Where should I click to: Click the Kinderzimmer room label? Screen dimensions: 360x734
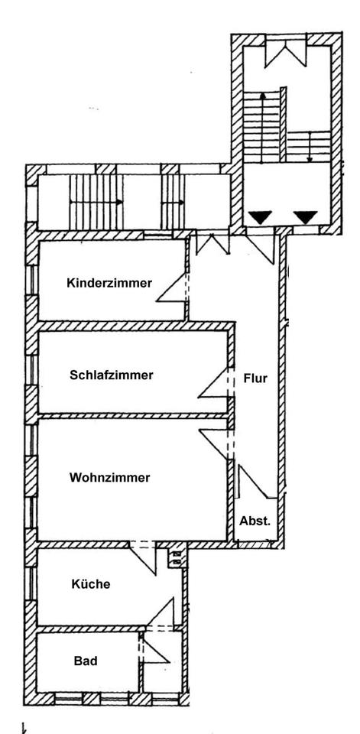point(109,283)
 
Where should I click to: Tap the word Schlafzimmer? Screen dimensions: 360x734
point(112,375)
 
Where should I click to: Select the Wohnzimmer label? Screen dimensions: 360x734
point(109,477)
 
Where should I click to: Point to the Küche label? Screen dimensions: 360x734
point(91,583)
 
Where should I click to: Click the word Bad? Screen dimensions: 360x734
point(86,661)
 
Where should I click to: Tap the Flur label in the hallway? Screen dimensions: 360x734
point(255,378)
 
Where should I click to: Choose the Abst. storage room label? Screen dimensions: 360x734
point(255,521)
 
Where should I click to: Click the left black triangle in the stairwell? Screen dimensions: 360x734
point(260,217)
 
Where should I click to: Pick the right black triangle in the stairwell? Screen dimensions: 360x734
point(306,217)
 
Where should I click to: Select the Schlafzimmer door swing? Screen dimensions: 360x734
point(216,383)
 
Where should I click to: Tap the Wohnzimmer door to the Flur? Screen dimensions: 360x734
point(215,443)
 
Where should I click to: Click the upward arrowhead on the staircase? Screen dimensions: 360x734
point(263,96)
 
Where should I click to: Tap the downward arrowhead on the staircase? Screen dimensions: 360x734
point(310,159)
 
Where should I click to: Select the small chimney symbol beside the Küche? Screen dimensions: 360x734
point(177,557)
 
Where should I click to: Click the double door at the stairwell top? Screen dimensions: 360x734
point(286,54)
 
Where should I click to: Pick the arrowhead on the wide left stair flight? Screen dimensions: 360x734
point(120,202)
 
